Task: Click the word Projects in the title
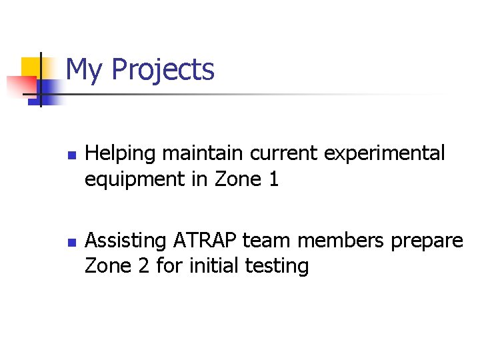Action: pos(163,70)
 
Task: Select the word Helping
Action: pos(121,153)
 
